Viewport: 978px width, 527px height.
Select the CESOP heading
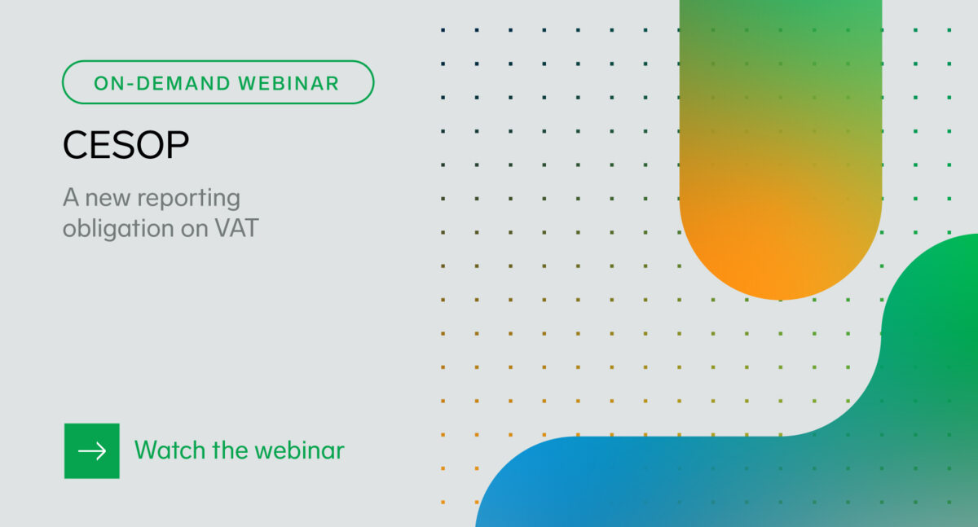126,146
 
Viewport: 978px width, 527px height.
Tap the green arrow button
92,450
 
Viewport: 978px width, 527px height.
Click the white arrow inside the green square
92,450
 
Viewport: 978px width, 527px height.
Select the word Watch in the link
165,450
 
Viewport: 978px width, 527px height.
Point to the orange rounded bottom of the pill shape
780,261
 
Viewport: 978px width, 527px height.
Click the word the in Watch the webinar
226,450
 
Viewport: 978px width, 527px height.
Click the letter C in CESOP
75,146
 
